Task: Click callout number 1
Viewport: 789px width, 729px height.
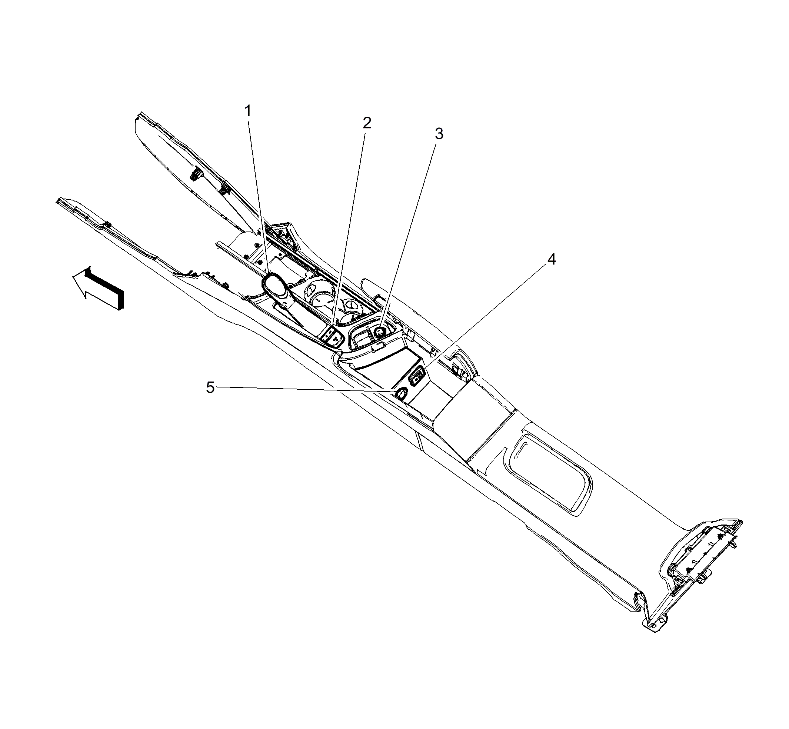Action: tap(248, 111)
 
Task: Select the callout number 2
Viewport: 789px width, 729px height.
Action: tap(367, 123)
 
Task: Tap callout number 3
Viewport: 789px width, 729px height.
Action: tap(439, 134)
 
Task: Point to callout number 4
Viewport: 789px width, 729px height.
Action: tap(552, 259)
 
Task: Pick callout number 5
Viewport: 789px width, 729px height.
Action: tap(210, 387)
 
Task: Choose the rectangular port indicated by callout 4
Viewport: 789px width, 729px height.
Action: tap(417, 375)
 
